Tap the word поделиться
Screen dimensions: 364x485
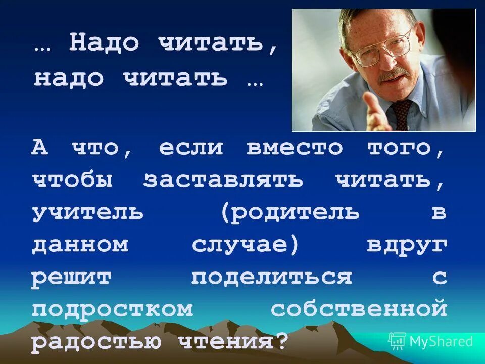click(271, 278)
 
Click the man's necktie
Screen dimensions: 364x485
click(402, 114)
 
